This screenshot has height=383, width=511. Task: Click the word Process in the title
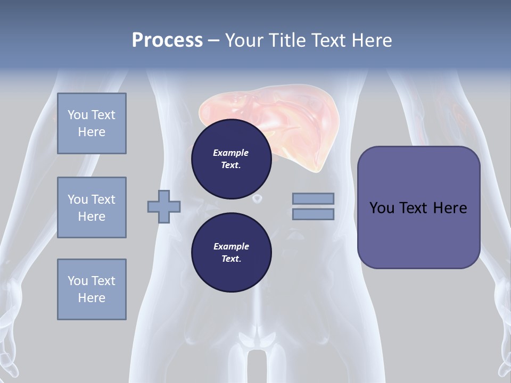coord(167,40)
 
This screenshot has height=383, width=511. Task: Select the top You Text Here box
coord(92,123)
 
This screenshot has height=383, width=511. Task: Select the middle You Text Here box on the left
coord(92,207)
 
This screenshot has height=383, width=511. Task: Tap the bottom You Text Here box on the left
coord(92,289)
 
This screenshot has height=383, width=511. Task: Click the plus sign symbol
coord(164,206)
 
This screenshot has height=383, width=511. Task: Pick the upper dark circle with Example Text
coord(231,159)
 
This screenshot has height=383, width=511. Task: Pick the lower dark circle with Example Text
coord(231,252)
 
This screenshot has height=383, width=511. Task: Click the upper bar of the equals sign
coord(313,198)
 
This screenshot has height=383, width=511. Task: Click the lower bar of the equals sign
coord(313,214)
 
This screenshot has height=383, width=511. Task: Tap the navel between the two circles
coord(257,198)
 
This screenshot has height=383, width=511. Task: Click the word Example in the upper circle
coord(231,153)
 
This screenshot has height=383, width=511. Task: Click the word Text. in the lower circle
coord(231,259)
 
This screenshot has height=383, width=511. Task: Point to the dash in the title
coord(213,40)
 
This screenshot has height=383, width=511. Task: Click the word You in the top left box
coord(78,115)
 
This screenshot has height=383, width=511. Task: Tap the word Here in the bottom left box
coord(92,298)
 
